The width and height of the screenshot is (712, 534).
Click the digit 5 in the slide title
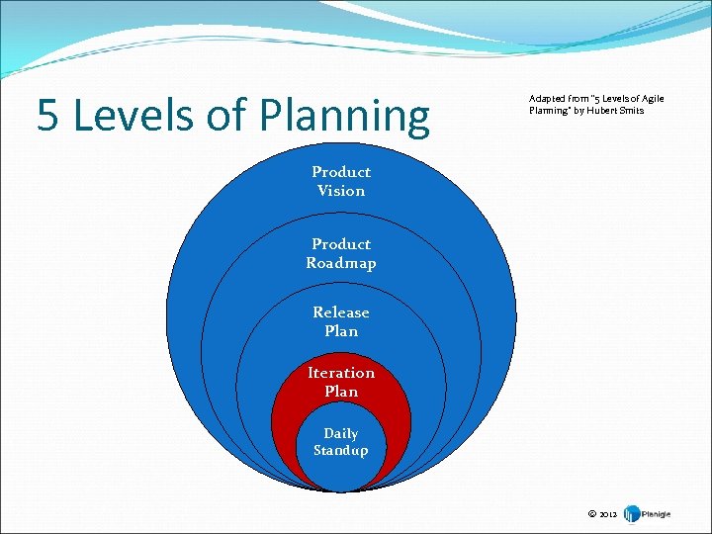[47, 116]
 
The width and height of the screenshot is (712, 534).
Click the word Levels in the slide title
[128, 116]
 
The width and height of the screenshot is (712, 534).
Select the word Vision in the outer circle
[341, 191]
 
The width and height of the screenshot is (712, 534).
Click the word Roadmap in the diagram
[341, 263]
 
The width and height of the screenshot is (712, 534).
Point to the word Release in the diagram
[341, 312]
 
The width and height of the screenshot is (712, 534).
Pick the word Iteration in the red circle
[341, 373]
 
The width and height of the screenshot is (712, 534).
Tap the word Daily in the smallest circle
[341, 433]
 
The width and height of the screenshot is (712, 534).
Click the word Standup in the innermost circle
[341, 451]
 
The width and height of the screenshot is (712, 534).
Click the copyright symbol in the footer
[591, 514]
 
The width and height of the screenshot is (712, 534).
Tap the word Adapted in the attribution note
[545, 99]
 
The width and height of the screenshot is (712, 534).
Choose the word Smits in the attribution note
[630, 110]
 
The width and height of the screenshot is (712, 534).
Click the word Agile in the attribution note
[653, 99]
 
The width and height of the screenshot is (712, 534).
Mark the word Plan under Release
[341, 331]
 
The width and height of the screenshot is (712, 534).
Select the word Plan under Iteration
[341, 392]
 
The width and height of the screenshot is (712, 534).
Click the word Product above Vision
[341, 172]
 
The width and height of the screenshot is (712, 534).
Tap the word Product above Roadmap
[341, 244]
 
